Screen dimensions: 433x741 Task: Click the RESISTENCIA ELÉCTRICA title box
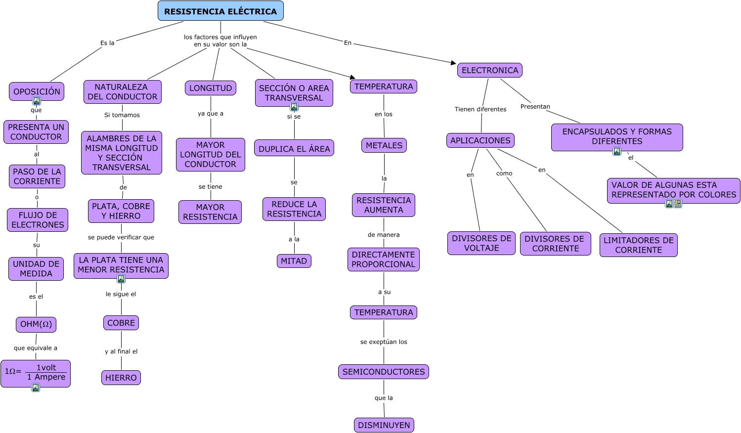pos(220,11)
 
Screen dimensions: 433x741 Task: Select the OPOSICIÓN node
pos(37,91)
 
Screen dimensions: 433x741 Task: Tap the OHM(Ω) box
pos(36,324)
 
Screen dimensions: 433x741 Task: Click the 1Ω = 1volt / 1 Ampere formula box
pos(36,373)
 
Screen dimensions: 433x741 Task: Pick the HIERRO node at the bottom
pos(121,378)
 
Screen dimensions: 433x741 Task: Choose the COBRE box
pos(121,323)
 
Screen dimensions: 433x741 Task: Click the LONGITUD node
pos(211,88)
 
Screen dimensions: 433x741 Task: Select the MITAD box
pos(294,261)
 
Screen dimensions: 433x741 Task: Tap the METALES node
pos(384,145)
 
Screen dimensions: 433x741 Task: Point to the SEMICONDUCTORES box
pos(384,372)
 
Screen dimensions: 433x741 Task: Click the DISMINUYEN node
pos(384,425)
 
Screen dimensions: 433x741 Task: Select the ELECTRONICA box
pos(490,70)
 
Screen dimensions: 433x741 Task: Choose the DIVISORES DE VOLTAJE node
pos(481,243)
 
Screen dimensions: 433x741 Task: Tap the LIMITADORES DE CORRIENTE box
pos(639,245)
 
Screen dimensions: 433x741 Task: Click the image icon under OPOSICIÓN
pos(37,101)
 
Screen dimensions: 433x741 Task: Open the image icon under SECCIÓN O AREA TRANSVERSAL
pos(294,107)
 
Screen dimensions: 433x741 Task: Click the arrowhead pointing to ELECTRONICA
pos(453,63)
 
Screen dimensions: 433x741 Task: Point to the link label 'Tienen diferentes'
pos(480,109)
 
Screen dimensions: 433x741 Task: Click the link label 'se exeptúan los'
pos(384,342)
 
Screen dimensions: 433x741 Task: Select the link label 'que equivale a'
pos(36,348)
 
